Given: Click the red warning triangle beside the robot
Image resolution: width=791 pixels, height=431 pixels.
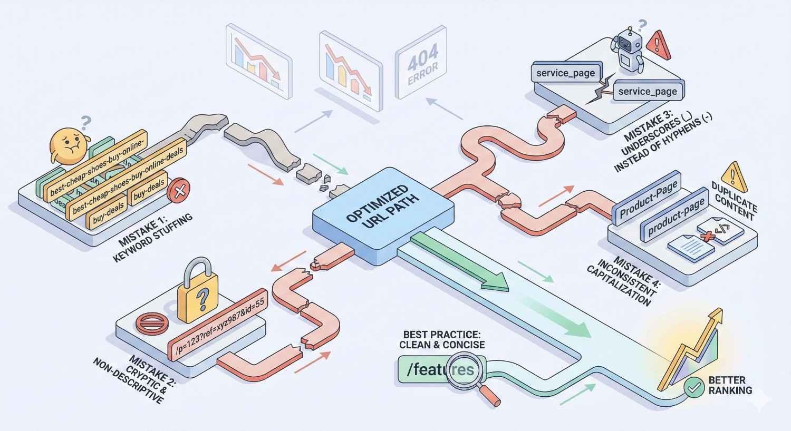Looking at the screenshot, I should coord(660,45).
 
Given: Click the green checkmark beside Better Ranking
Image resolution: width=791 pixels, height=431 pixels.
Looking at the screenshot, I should coord(694,387).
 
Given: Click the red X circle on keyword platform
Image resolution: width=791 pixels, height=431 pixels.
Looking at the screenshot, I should coord(178,190).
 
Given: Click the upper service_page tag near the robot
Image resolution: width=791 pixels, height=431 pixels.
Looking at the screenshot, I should coord(565,73).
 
